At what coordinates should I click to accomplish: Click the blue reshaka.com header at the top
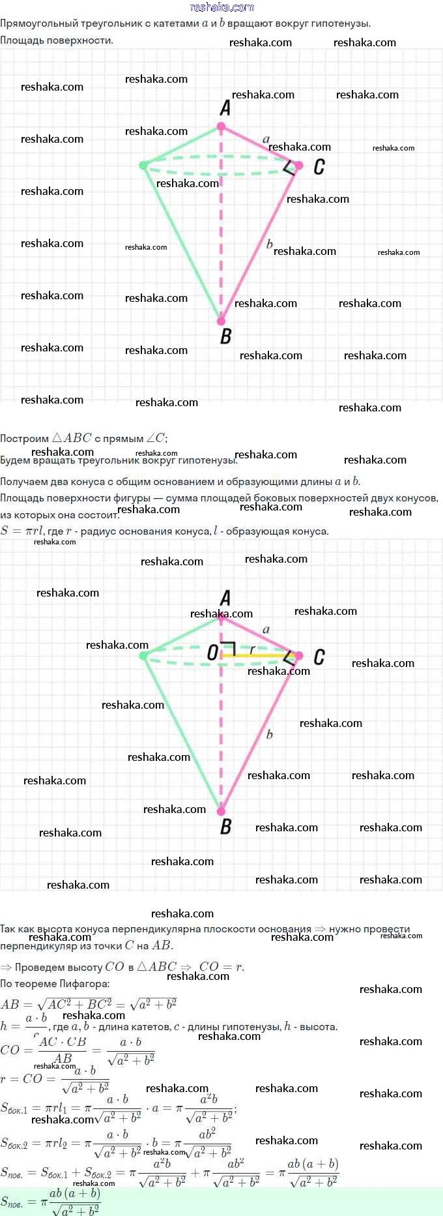coord(221,7)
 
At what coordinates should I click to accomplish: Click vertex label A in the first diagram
coord(225,108)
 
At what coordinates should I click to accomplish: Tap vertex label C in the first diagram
coord(319,167)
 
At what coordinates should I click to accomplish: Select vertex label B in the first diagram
coord(225,336)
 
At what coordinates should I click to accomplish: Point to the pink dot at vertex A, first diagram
coord(221,126)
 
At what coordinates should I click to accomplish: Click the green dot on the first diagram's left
coord(143,166)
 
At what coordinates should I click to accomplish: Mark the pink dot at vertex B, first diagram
coord(221,321)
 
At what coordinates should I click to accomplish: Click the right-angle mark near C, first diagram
coord(289,168)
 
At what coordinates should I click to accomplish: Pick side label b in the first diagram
coord(269,244)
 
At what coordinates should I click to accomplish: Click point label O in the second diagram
coord(212,653)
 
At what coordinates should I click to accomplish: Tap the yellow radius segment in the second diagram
coord(261,655)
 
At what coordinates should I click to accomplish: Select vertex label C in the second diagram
coord(319,657)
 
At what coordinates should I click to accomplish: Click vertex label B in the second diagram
coord(225,827)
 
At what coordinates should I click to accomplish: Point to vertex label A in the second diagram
coord(225,598)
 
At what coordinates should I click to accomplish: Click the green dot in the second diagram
coord(143,655)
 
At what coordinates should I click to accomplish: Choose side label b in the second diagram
coord(269,734)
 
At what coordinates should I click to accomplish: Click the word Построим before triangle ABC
coord(24,438)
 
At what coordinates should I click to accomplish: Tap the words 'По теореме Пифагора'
coord(55,984)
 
